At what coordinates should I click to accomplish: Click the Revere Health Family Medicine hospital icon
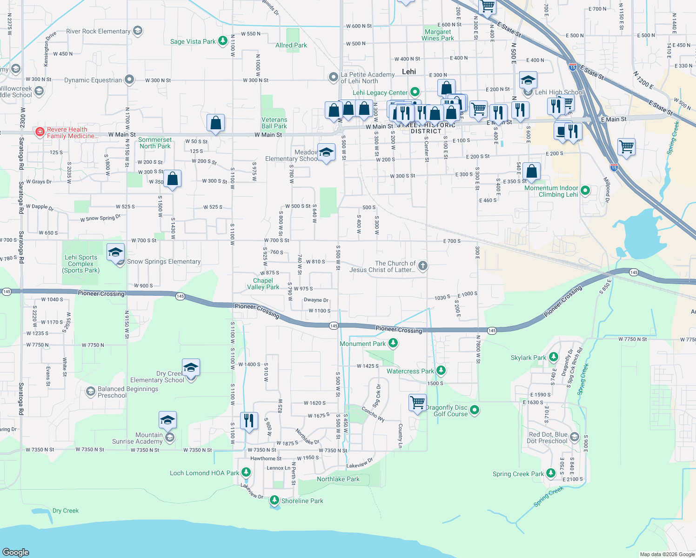[40, 133]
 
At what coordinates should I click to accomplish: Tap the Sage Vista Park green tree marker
[223, 41]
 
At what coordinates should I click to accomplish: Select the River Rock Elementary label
[98, 32]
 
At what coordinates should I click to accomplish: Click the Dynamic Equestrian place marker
[129, 80]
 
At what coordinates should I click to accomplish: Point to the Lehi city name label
[409, 72]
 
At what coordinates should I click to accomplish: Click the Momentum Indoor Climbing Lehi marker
[585, 190]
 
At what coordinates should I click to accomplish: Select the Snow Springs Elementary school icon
[116, 253]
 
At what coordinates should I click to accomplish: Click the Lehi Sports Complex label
[81, 264]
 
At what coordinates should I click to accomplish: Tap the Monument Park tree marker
[393, 343]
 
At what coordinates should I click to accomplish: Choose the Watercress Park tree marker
[441, 371]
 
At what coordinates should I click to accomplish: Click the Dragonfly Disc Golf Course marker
[475, 410]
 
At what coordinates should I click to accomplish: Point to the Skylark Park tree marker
[553, 357]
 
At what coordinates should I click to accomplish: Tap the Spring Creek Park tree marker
[551, 473]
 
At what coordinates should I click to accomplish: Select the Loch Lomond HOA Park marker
[246, 472]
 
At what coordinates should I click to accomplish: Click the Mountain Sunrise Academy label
[137, 438]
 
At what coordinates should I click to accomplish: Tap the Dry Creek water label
[66, 511]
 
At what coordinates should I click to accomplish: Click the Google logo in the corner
[16, 552]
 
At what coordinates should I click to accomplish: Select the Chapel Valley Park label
[263, 284]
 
